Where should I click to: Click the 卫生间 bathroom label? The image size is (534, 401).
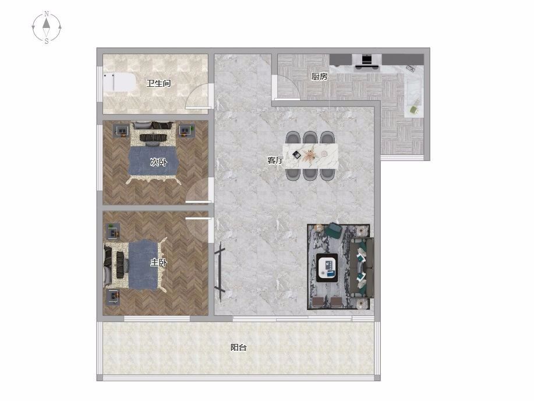tap(158, 83)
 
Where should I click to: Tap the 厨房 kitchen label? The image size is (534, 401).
tap(320, 76)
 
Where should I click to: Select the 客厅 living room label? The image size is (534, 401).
tap(275, 160)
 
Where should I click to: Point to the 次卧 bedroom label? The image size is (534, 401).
tap(158, 162)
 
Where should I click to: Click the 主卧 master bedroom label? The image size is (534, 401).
tap(159, 262)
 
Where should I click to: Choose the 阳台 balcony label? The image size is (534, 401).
tap(238, 347)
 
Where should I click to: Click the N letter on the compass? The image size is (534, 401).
tap(47, 13)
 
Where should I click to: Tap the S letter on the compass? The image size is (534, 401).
tap(47, 41)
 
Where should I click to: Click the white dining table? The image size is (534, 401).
tap(310, 156)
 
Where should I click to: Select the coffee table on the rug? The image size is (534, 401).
tap(327, 268)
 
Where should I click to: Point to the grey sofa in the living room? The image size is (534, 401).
tap(362, 268)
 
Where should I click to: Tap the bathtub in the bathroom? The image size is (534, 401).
tap(119, 82)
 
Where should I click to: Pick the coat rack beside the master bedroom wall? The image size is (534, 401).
tap(220, 272)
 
